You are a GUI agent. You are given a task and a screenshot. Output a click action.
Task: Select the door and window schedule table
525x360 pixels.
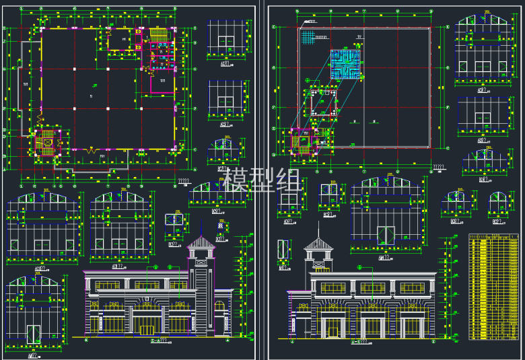493,287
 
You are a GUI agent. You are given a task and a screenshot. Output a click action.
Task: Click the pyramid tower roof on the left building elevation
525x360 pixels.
201,241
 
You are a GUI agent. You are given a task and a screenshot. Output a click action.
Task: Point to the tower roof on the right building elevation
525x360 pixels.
318,244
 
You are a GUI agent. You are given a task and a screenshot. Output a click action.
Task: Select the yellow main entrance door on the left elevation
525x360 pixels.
146,329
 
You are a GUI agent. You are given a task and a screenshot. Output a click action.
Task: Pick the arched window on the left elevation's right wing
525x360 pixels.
219,306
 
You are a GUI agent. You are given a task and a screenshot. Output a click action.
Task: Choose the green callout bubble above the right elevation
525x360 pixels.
359,267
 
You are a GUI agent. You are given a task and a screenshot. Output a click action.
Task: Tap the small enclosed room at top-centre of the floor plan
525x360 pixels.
122,39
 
